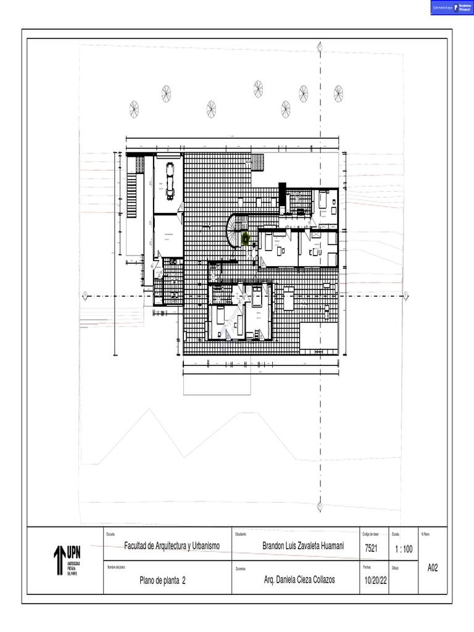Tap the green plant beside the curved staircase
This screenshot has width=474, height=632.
246,238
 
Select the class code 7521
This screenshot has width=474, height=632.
372,548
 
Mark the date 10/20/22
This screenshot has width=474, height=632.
375,581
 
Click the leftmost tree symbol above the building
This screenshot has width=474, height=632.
134,109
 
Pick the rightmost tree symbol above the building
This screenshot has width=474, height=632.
338,93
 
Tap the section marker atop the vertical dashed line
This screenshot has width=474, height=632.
320,46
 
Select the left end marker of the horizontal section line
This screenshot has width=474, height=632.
85,297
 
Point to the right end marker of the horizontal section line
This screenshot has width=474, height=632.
407,297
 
